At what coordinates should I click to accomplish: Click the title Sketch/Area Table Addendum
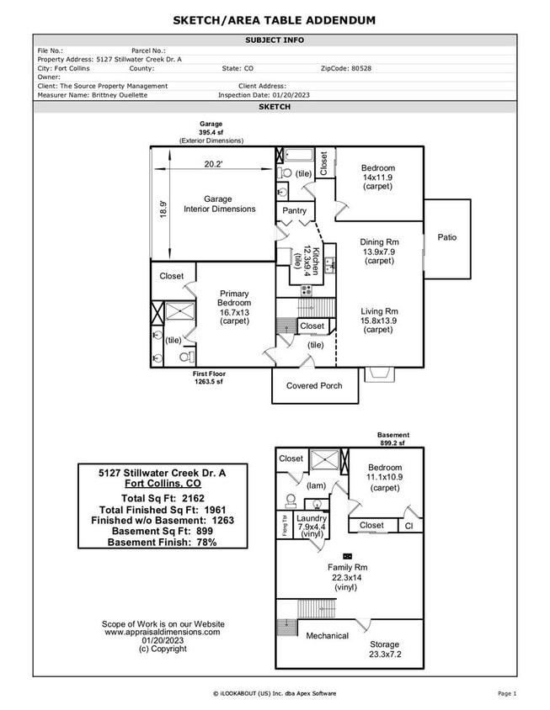coord(275,20)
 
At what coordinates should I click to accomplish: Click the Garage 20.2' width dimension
coord(213,165)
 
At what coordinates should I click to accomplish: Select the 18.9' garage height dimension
coord(163,209)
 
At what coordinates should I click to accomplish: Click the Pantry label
coord(294,210)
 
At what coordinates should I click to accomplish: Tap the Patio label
coord(447,237)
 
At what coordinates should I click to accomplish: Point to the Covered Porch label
coord(314,385)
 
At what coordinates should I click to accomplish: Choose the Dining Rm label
coord(378,242)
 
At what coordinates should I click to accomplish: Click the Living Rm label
coord(378,310)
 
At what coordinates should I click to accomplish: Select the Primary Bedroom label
coord(233,298)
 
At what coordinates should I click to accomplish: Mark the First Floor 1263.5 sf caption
coord(208,378)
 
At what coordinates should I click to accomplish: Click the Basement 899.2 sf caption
coord(392,438)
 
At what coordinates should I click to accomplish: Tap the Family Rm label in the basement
coord(348,568)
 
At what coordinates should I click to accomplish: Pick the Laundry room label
coord(312,519)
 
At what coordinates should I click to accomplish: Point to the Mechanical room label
coord(327,636)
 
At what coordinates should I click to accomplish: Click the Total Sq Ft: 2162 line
coord(163,499)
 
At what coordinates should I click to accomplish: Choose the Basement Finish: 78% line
coord(163,543)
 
